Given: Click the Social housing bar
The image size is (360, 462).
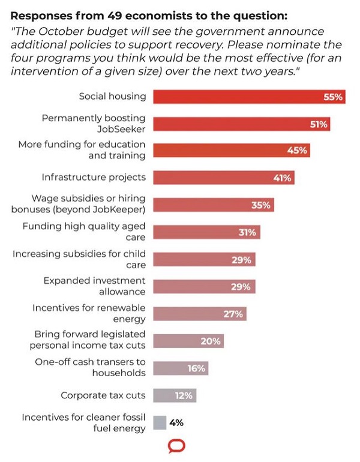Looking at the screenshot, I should coord(250,97).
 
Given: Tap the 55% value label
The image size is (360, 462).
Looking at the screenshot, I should coord(332,97).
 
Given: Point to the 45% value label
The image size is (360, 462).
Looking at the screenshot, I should coord(297,151).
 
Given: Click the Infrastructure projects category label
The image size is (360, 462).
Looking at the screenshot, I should coord(94,177).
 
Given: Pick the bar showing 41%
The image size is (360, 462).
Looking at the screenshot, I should coord(224,178).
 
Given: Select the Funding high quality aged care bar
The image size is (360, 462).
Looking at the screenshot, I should coord(206,232).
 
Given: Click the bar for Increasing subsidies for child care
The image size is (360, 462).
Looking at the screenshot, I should coord(204,260).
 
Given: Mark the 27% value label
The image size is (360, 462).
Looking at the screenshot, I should coord(234,314).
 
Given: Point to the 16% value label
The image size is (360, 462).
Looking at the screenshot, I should coord(196,368).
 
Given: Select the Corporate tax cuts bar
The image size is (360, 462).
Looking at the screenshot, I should coord(175,395).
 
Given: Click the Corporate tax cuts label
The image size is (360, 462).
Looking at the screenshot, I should coord(103,395).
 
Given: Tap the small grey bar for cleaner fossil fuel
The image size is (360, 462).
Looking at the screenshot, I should coord(160,422).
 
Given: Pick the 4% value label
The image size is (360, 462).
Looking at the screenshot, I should coord(176,422).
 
